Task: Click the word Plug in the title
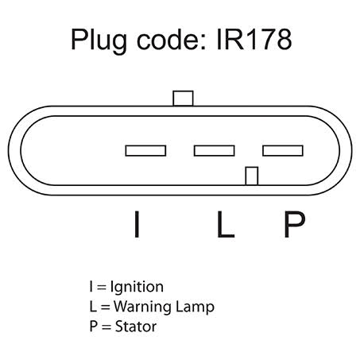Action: (x=99, y=41)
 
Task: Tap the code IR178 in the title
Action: (x=254, y=40)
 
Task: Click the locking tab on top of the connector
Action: (x=183, y=99)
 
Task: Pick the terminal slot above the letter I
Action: (x=145, y=151)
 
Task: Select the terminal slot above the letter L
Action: (x=215, y=151)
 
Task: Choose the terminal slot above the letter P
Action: (x=283, y=151)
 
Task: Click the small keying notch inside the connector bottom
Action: (x=252, y=176)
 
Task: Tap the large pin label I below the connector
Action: (x=137, y=224)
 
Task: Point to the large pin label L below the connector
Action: (x=226, y=224)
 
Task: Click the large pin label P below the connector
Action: (x=294, y=224)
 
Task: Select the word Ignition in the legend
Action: (x=137, y=288)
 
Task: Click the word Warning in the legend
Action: (x=143, y=308)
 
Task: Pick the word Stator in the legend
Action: (x=136, y=327)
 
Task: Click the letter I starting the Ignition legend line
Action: (x=91, y=287)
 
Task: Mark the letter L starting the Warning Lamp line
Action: (x=93, y=306)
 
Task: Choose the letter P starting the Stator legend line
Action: (x=94, y=326)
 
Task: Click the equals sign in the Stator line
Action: (x=106, y=327)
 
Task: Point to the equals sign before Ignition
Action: (x=102, y=288)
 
